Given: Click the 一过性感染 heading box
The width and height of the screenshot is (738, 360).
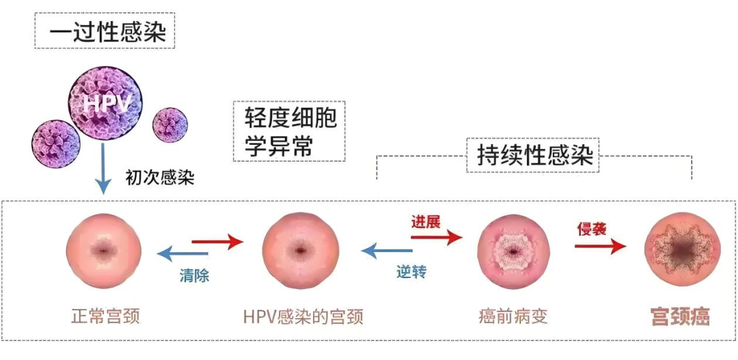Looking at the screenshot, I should (x=105, y=31).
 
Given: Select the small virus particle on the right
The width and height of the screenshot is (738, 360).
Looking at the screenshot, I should (x=169, y=124).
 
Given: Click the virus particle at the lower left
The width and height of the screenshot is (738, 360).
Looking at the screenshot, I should (x=56, y=143).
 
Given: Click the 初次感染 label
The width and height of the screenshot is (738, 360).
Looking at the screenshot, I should (x=160, y=178).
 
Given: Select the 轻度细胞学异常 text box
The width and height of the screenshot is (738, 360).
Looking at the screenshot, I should (x=289, y=131).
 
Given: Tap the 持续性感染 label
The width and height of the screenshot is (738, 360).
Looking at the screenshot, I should (x=534, y=154).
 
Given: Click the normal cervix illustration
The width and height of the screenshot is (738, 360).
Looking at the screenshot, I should (x=104, y=251).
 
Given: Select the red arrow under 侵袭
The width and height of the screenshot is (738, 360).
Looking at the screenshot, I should (x=599, y=246).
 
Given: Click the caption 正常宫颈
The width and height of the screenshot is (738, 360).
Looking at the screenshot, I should (x=105, y=316).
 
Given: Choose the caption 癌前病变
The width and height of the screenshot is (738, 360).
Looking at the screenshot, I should (x=513, y=316).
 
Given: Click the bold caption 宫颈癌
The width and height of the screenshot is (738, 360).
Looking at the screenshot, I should (x=680, y=316).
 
